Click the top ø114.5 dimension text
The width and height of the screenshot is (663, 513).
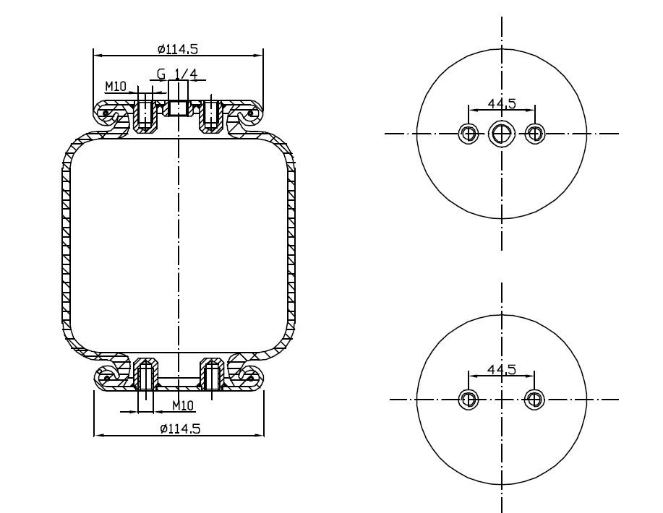pos(177,49)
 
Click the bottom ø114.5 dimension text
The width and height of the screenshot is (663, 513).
pos(179,428)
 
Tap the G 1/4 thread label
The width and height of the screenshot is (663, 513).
pos(177,74)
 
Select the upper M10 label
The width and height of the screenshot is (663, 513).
pos(116,86)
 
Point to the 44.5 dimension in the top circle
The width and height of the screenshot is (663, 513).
pos(502,103)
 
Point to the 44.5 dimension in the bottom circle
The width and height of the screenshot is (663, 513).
pos(502,369)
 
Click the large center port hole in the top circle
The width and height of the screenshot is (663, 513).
pos(501,133)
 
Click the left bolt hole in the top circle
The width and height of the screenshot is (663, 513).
pos(469,133)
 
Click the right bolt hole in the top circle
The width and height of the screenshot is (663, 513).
pos(535,133)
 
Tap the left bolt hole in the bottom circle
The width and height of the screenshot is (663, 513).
pos(469,399)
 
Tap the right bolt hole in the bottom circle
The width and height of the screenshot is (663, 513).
pos(535,399)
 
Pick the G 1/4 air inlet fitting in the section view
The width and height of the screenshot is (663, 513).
pos(178,100)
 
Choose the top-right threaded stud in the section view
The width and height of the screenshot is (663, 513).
pos(210,113)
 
